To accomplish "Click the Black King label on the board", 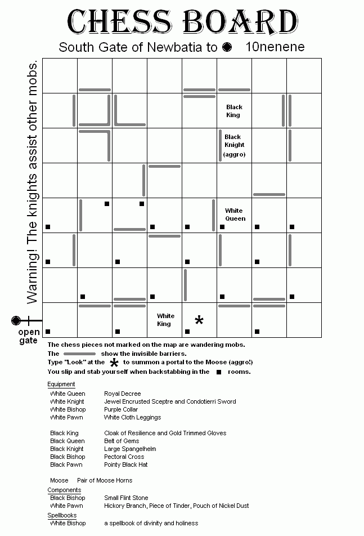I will click(x=234, y=111).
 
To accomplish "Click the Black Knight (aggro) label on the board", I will click(x=234, y=145).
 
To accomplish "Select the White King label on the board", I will click(x=165, y=320).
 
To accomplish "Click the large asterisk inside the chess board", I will click(x=199, y=321).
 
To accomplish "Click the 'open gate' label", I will click(x=28, y=336).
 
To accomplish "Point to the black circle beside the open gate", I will click(x=16, y=320).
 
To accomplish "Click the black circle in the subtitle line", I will click(x=227, y=47).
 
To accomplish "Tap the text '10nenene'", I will click(x=275, y=47).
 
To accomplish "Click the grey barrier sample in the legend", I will click(x=79, y=354).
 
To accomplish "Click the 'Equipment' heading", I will click(x=61, y=385).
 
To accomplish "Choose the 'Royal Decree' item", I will click(x=122, y=394).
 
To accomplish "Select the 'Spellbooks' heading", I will click(x=62, y=515).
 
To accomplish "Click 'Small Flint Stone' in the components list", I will click(x=126, y=498).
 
